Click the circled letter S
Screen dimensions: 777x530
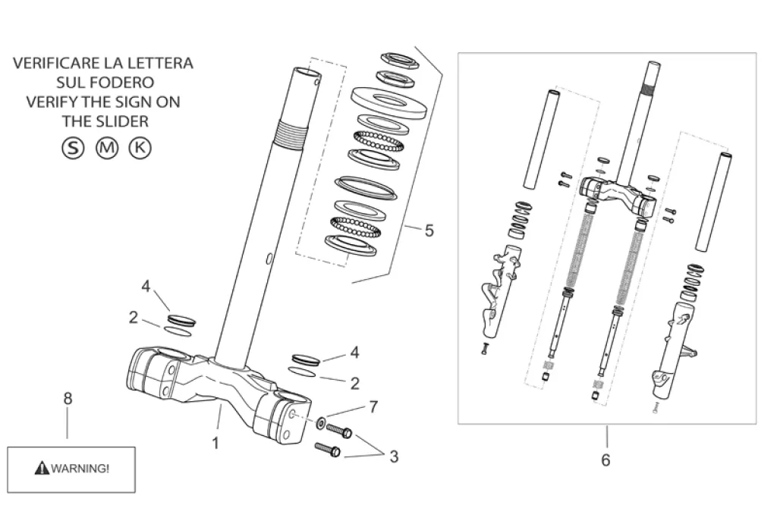(x=73, y=148)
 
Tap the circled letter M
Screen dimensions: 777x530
(x=106, y=148)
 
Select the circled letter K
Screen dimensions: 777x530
(x=140, y=148)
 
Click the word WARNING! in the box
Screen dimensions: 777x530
(x=80, y=468)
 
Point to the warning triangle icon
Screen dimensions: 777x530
(x=42, y=467)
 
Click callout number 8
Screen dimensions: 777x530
(x=68, y=399)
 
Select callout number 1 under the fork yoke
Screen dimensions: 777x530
(x=215, y=443)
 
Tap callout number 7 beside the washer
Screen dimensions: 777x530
(x=373, y=406)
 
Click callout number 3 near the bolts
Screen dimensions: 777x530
(x=394, y=456)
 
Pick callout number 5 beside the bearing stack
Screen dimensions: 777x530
(x=429, y=231)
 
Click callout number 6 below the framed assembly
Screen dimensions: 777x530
(x=606, y=460)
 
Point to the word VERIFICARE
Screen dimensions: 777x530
(x=55, y=63)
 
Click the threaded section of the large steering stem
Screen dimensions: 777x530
(x=291, y=135)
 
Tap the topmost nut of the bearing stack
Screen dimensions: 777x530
(x=401, y=60)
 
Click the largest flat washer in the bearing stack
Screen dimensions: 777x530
(x=389, y=102)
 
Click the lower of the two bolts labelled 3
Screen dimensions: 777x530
(x=328, y=450)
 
